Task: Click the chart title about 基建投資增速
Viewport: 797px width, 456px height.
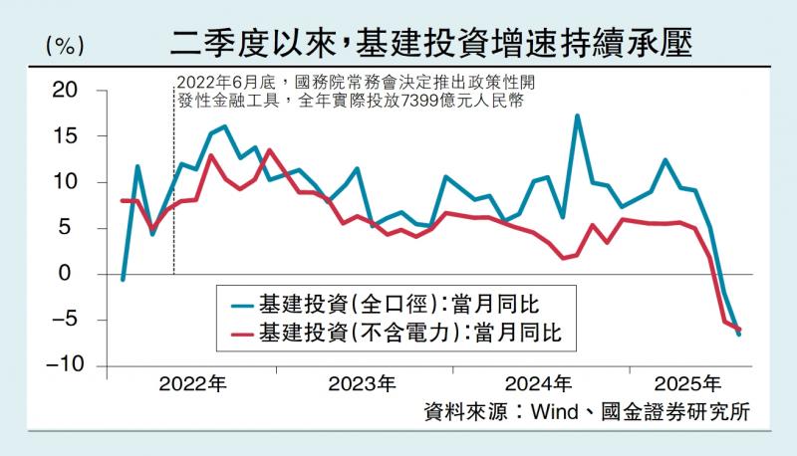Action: click(x=430, y=43)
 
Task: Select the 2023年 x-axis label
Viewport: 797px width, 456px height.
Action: click(x=362, y=383)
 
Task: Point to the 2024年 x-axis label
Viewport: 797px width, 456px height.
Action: click(x=538, y=383)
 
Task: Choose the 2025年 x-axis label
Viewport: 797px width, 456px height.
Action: click(x=688, y=383)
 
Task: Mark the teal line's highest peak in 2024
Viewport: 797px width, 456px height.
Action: click(x=578, y=116)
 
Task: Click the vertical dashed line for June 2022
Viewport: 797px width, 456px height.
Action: click(x=173, y=199)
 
